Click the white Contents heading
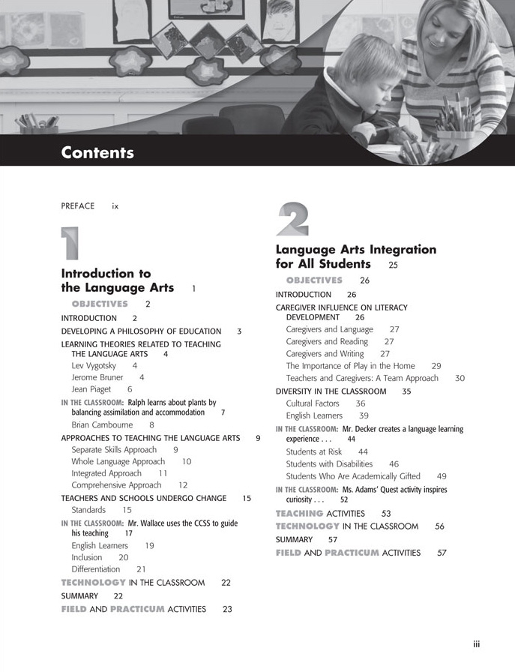(97, 153)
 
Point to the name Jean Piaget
(91, 389)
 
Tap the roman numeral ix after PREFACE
(115, 205)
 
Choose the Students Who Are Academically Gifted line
(356, 476)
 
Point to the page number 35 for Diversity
(406, 391)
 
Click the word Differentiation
(96, 569)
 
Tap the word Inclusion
(87, 557)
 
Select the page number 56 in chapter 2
(439, 526)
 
